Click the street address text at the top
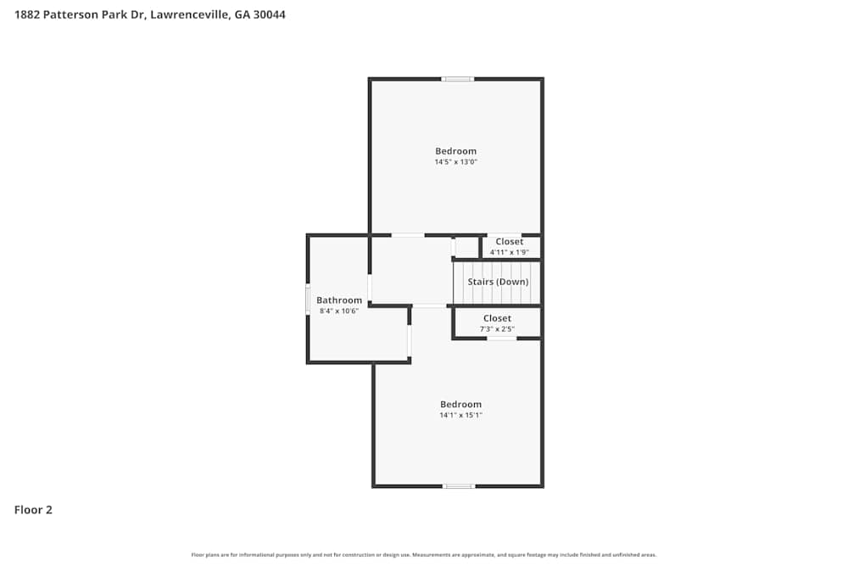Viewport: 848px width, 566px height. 149,14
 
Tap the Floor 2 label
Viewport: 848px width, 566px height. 33,510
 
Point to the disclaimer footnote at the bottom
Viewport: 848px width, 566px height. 423,555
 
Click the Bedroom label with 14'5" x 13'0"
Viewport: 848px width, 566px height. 455,151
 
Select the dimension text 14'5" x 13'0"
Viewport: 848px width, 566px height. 455,162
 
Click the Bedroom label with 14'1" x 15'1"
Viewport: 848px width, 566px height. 460,404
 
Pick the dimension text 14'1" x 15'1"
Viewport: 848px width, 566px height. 460,416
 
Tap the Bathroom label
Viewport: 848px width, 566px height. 339,300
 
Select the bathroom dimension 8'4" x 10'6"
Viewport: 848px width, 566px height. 339,311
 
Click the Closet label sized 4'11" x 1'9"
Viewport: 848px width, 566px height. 510,242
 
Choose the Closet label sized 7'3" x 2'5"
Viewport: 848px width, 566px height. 497,318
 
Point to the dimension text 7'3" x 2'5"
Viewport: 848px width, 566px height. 497,329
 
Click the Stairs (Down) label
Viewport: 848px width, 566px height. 498,282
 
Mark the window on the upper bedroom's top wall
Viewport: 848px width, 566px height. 458,79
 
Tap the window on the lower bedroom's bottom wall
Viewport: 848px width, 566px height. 459,486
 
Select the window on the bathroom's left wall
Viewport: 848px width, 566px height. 308,300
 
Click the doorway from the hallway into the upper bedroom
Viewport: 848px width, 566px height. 408,235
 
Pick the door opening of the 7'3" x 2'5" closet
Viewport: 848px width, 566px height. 501,339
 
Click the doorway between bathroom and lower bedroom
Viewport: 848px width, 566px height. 410,339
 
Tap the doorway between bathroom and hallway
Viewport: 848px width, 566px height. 370,288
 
